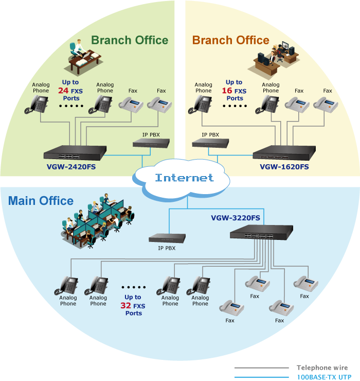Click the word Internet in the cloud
[184, 178]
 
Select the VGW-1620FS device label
[284, 167]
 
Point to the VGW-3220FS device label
[236, 218]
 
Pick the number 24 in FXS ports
[64, 91]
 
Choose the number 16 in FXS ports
[227, 91]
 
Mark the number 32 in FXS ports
[125, 305]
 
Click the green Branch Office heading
[130, 40]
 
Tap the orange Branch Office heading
[230, 40]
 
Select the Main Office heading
[41, 201]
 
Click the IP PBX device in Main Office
[167, 238]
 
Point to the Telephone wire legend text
[322, 368]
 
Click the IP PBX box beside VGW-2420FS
[150, 143]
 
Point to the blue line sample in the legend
[261, 376]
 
